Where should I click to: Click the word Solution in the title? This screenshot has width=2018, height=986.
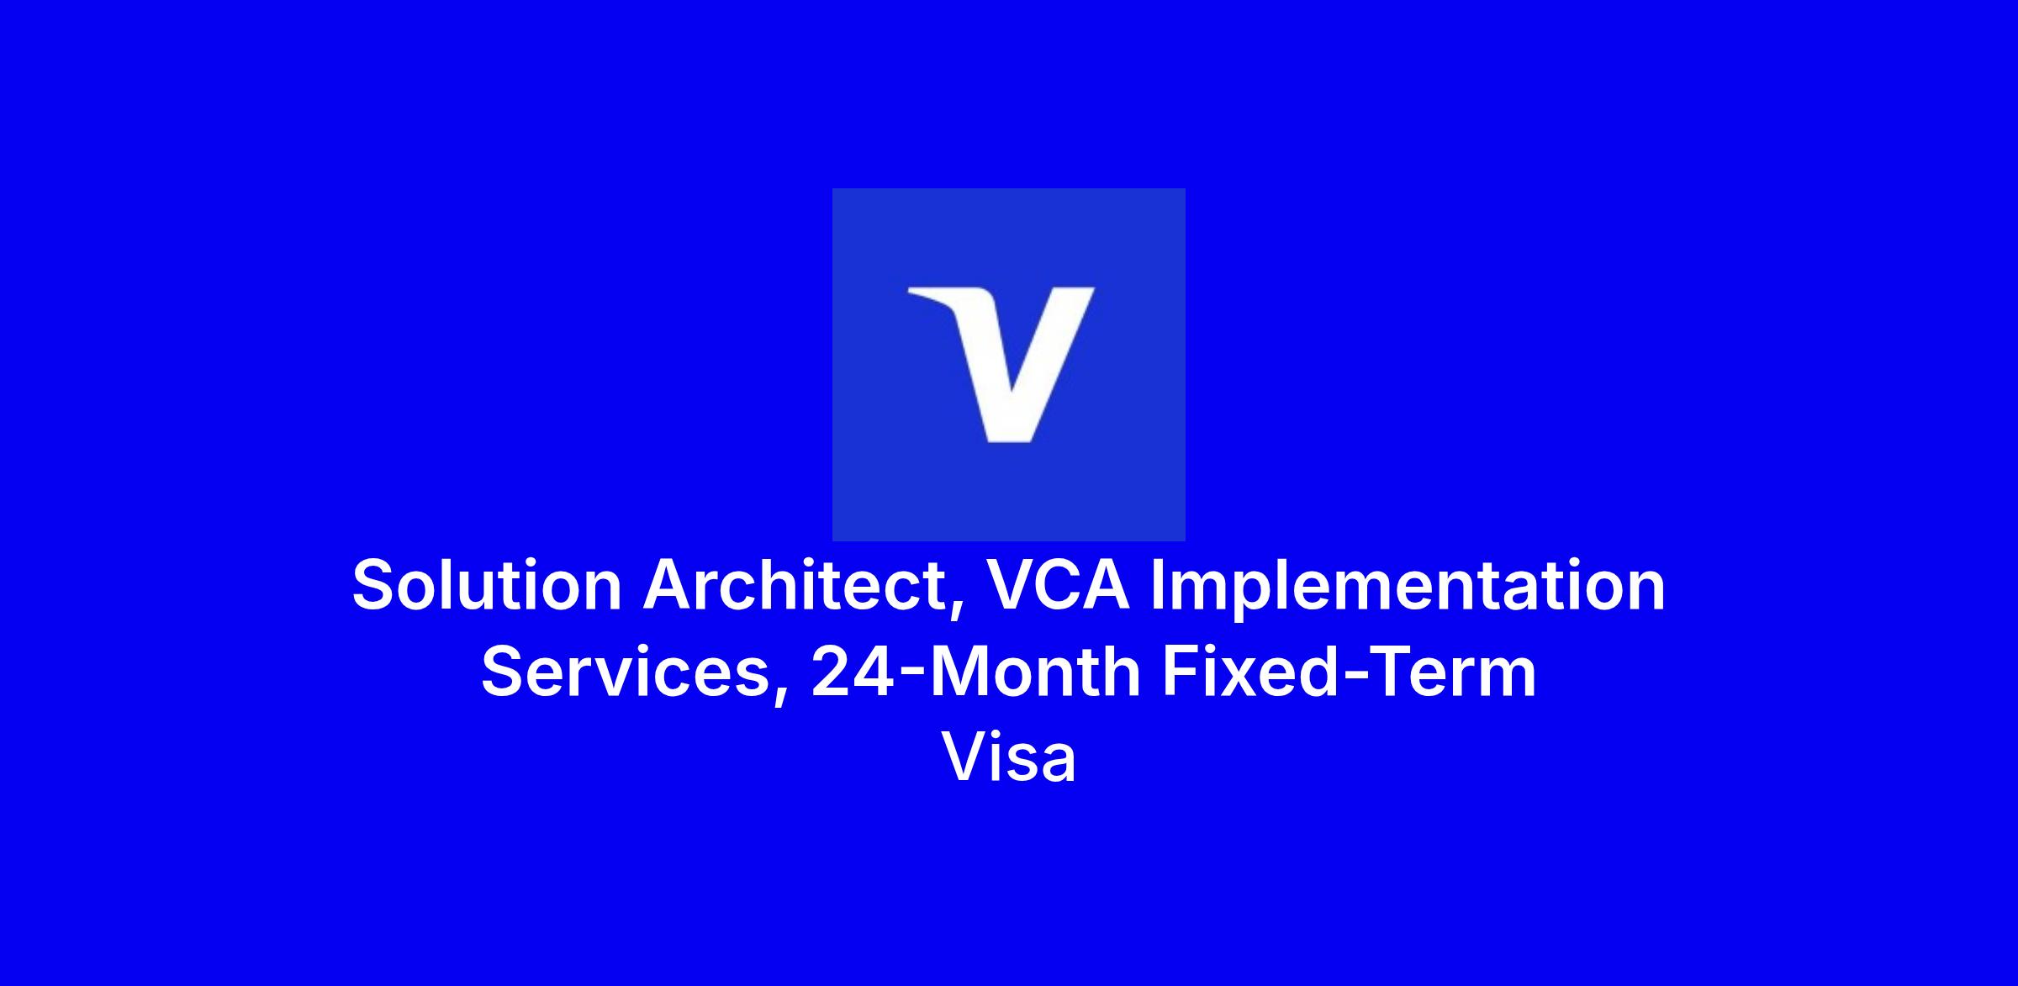[x=487, y=585]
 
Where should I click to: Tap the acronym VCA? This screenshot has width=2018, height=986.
[x=1058, y=585]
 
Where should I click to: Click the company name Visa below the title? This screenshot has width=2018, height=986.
[x=1009, y=757]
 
